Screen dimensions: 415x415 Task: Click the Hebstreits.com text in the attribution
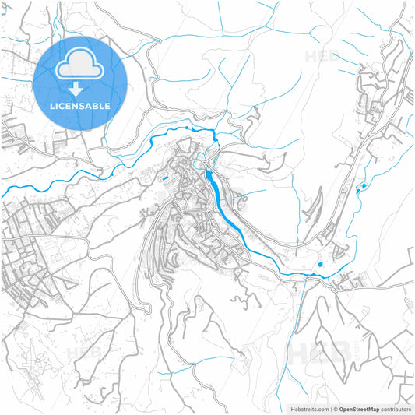(x=309, y=409)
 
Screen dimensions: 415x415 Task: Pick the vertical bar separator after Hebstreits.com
(x=330, y=409)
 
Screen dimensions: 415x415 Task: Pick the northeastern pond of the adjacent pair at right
(x=363, y=185)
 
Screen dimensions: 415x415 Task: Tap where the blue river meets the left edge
(x=2, y=192)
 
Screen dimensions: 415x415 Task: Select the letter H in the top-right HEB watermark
(x=311, y=57)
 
